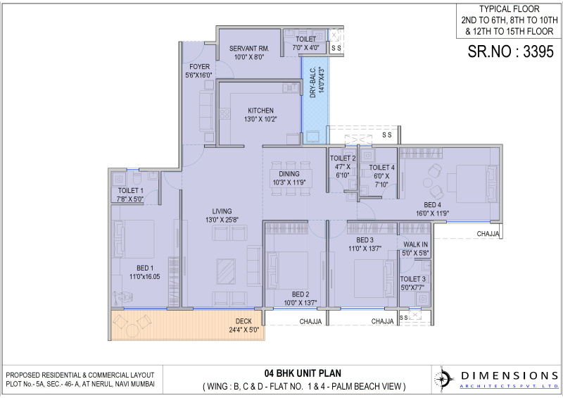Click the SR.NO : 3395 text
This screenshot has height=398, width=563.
click(511, 51)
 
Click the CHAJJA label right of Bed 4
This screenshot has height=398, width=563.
click(488, 233)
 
